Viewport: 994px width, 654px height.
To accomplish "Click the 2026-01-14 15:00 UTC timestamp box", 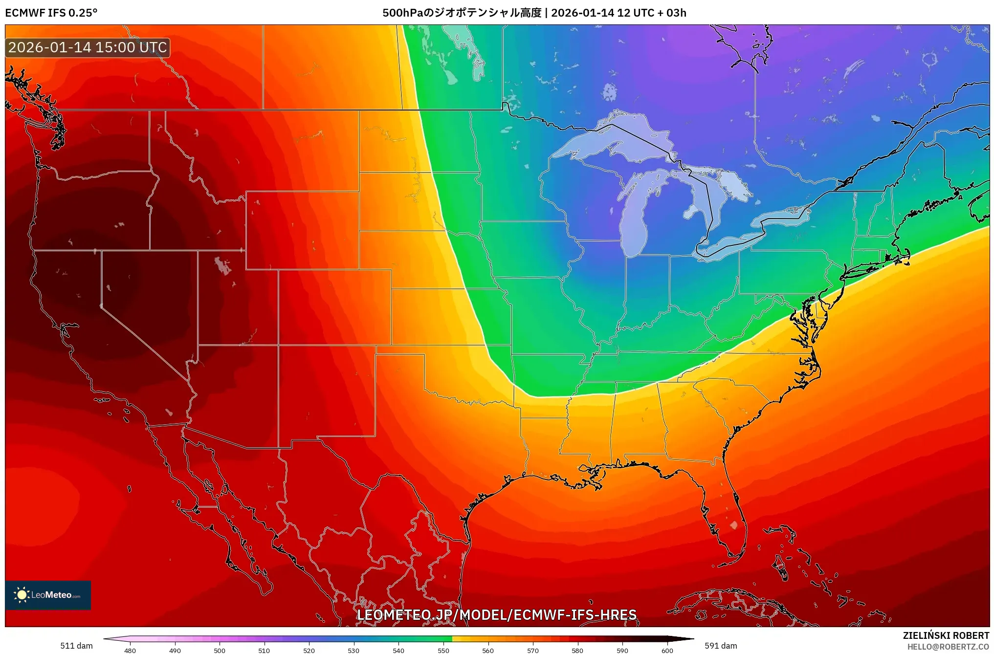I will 88,47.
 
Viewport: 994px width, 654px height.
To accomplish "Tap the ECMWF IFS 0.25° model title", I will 51,13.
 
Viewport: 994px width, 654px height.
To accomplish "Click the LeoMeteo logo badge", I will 48,595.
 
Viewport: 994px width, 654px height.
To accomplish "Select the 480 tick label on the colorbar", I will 130,650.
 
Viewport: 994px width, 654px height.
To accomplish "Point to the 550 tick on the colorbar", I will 443,650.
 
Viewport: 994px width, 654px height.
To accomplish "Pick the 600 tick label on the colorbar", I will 667,650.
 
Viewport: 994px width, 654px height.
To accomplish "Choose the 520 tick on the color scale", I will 309,650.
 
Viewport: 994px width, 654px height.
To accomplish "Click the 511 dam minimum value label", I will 76,646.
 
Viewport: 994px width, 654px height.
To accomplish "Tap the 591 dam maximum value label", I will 721,646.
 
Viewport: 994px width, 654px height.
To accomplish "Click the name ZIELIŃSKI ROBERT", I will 946,635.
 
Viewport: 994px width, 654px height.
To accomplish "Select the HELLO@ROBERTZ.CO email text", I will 948,647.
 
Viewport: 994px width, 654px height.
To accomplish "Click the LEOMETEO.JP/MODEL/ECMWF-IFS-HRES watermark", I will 496,615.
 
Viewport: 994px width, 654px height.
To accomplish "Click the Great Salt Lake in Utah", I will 222,265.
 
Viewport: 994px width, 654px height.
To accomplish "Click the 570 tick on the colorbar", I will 532,650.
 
